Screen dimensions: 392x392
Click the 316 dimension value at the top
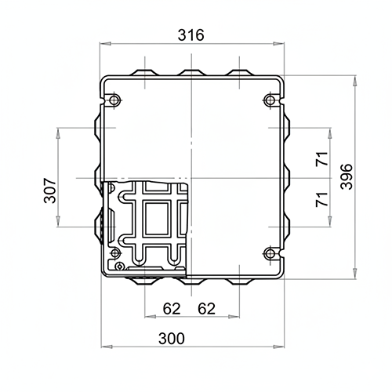tap(191, 35)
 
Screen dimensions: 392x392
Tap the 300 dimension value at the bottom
tap(172, 339)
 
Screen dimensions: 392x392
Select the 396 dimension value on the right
tap(347, 176)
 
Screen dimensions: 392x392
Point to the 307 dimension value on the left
tap(50, 191)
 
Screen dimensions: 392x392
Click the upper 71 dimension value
tap(322, 158)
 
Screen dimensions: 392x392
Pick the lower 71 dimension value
tap(322, 199)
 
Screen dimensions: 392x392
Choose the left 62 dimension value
tap(172, 309)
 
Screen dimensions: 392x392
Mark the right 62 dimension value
tap(206, 309)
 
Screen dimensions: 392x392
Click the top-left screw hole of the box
tap(114, 100)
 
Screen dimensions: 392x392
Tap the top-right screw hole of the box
tap(270, 100)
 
